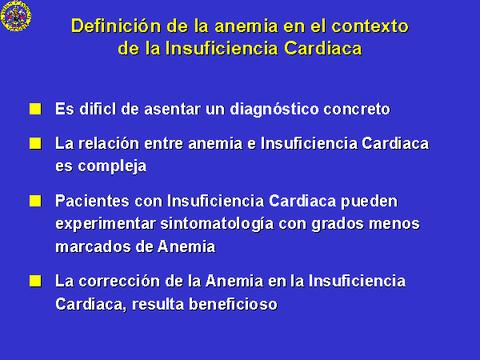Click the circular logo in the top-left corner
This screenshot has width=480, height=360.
click(x=16, y=15)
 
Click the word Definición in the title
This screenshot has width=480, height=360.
click(x=116, y=26)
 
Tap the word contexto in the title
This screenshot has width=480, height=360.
click(x=370, y=26)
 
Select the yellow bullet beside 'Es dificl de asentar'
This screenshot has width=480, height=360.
click(x=35, y=109)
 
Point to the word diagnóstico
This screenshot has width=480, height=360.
click(x=274, y=110)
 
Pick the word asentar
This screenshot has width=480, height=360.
click(x=172, y=110)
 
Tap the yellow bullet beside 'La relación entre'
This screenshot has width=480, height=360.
click(x=35, y=143)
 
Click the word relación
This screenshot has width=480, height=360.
click(x=109, y=143)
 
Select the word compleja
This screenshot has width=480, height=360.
click(x=112, y=167)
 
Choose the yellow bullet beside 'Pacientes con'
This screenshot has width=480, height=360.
click(x=35, y=201)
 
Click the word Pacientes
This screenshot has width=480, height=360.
click(x=92, y=201)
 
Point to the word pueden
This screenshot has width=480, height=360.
click(x=369, y=202)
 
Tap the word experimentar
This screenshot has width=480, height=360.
click(x=106, y=224)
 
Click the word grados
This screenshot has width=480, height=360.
click(x=338, y=224)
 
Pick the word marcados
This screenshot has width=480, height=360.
click(x=93, y=246)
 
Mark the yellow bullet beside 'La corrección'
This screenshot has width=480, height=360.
click(x=35, y=281)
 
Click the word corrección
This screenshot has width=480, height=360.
click(x=119, y=282)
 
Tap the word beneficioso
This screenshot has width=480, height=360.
click(x=233, y=304)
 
